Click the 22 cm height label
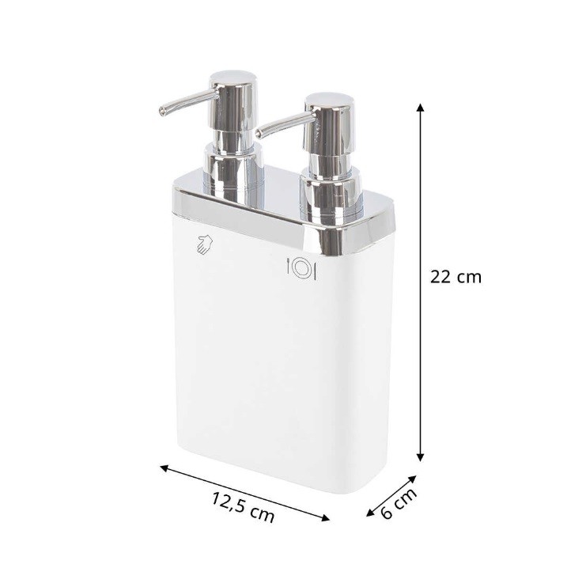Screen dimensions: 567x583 455,277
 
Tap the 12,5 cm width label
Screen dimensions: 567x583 243,508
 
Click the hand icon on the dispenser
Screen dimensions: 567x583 204,244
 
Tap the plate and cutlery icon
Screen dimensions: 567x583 301,269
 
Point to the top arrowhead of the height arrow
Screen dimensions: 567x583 420,108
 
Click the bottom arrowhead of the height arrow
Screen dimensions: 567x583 420,457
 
